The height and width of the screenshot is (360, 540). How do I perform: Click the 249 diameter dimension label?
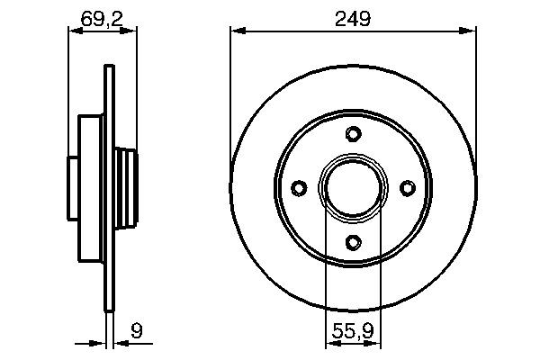(353, 18)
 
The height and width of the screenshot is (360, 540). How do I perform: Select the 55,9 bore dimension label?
(353, 329)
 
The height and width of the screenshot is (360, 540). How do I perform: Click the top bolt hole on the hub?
(353, 135)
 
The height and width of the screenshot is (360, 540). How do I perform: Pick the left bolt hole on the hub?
(300, 187)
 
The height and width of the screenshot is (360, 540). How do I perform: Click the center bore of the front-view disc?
(353, 187)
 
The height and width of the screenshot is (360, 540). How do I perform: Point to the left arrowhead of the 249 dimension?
(237, 31)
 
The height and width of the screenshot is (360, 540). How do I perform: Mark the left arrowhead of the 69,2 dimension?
(75, 31)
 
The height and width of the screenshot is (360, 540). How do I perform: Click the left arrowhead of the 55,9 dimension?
(329, 343)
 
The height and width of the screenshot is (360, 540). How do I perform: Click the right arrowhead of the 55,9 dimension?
(376, 343)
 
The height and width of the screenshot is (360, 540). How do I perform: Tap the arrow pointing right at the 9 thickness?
(101, 343)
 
